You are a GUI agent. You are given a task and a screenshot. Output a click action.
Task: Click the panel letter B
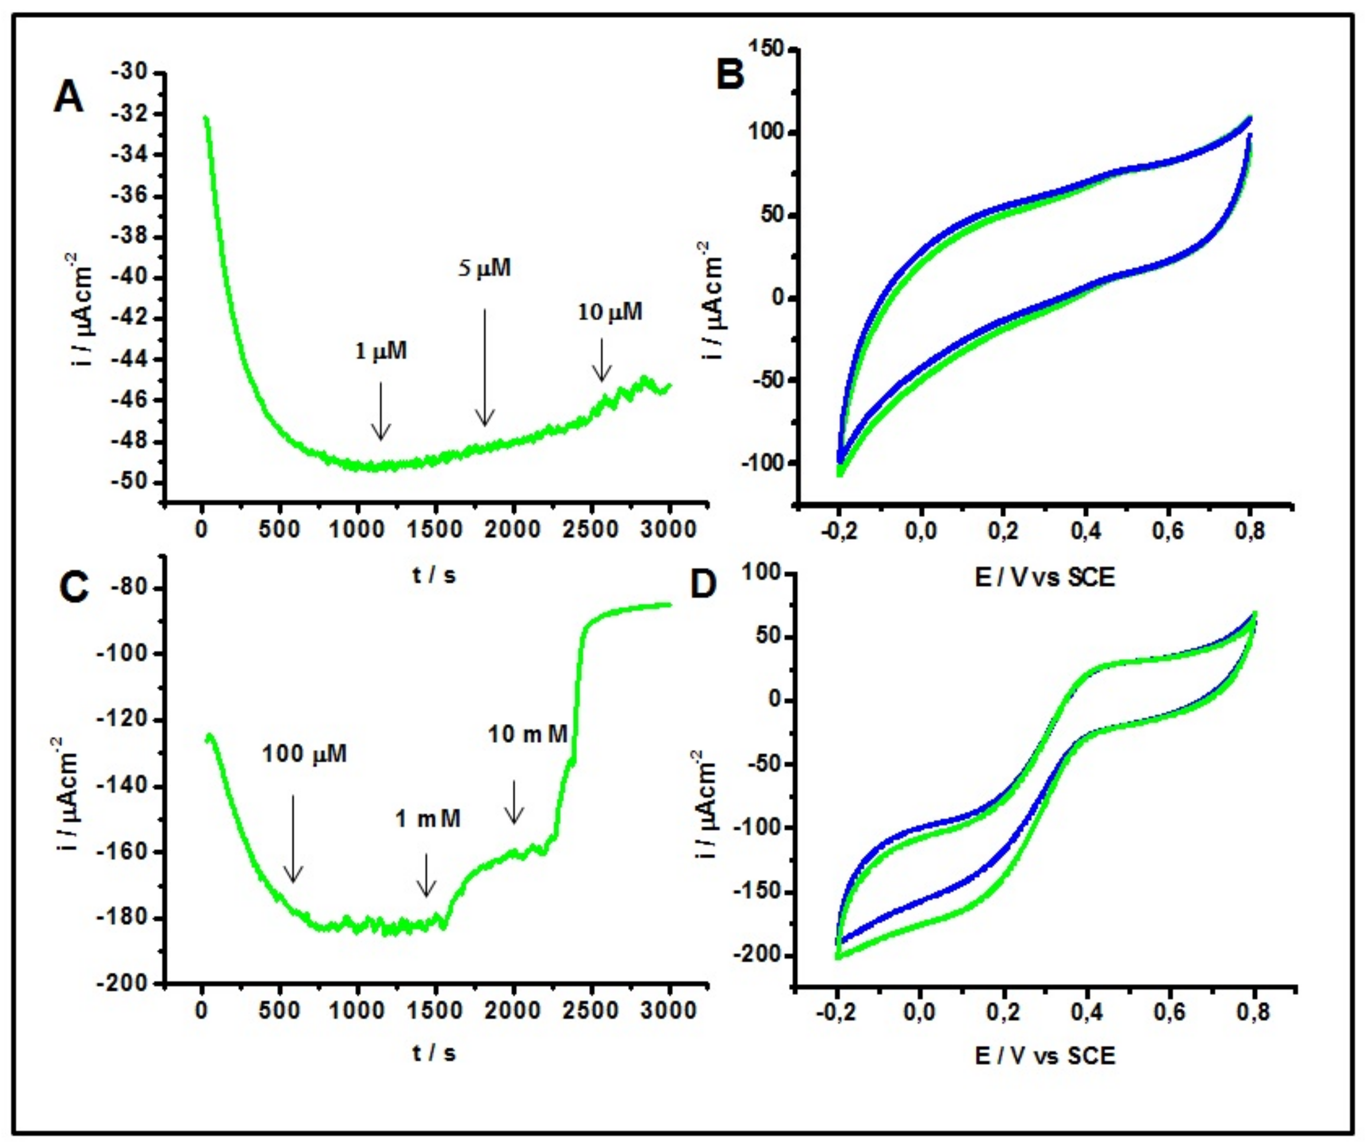point(730,74)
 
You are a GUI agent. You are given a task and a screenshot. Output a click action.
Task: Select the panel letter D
point(703,584)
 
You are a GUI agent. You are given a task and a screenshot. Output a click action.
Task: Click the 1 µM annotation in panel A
point(381,351)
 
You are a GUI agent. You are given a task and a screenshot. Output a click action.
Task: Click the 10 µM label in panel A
point(610,312)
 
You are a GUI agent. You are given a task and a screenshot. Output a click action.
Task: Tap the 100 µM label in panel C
point(304,754)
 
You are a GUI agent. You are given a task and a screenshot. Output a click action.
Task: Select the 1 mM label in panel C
point(428,818)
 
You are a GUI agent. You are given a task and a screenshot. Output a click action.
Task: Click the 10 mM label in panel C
point(527,734)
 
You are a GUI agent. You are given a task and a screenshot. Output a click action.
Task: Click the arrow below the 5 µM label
point(484,368)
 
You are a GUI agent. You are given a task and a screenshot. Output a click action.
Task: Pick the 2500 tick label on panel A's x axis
point(590,529)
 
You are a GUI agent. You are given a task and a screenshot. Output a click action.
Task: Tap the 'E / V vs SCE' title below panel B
point(1044,577)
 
